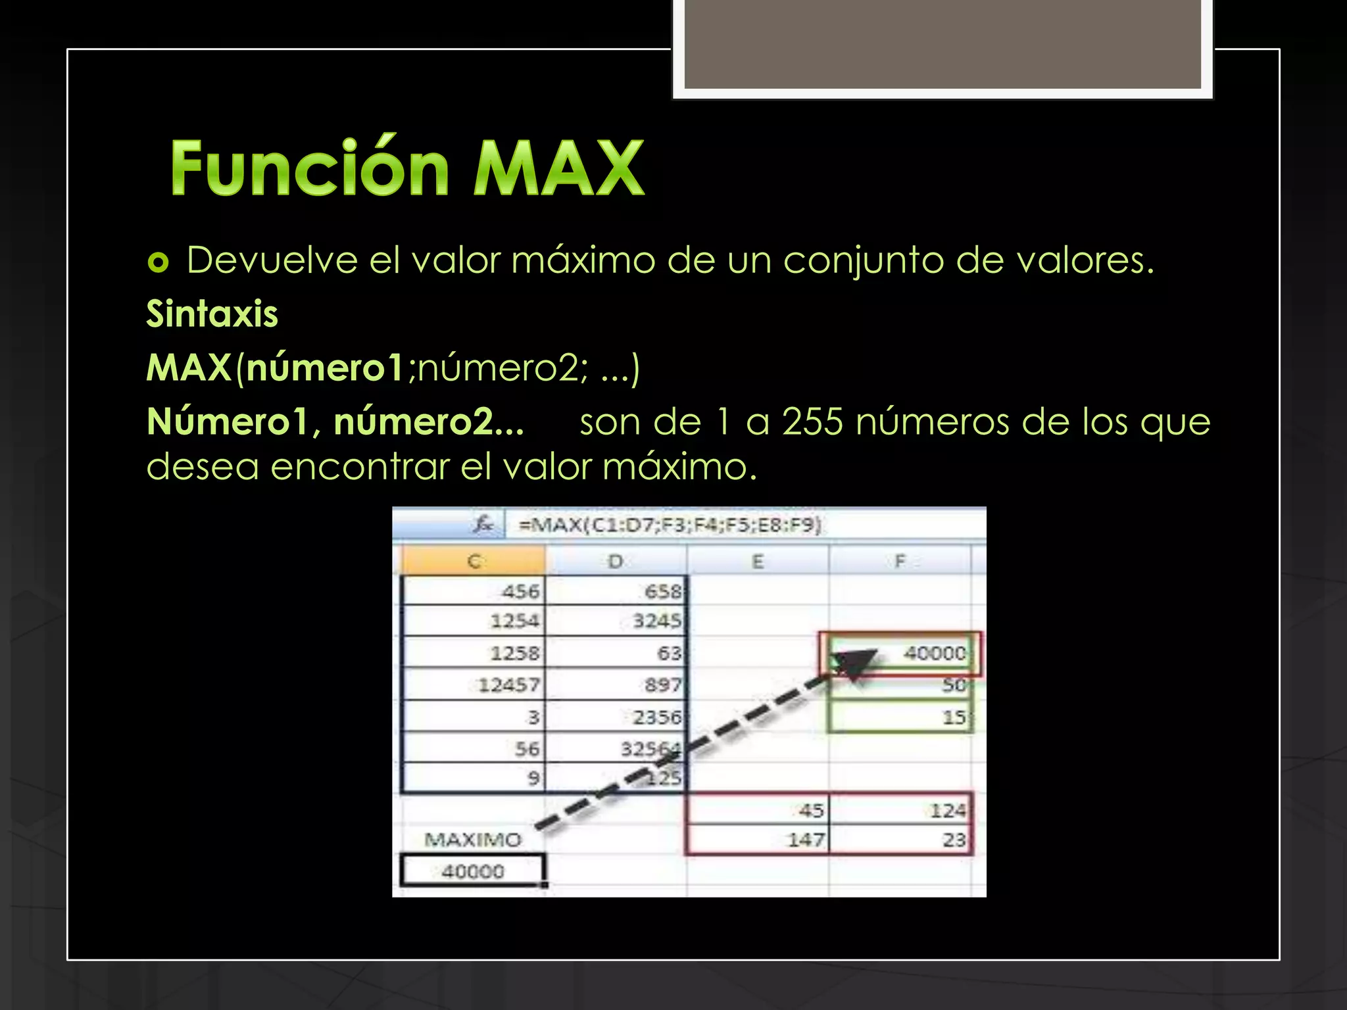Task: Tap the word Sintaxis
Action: coord(212,314)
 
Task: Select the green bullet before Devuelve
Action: coord(158,263)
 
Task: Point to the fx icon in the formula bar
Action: coord(483,525)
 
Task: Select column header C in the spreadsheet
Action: coord(474,562)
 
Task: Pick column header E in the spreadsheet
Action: coord(758,562)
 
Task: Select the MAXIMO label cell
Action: coord(473,840)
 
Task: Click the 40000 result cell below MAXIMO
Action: coord(473,872)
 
